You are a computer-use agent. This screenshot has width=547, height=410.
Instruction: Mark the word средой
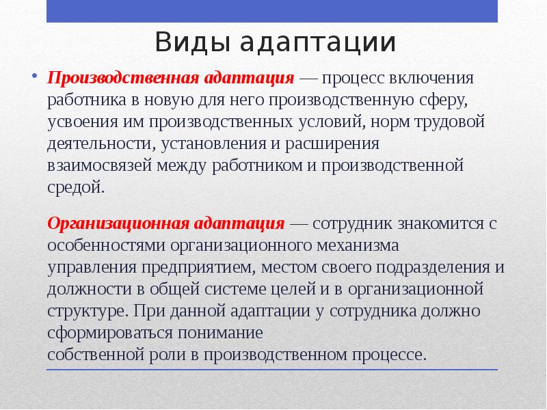pos(76,187)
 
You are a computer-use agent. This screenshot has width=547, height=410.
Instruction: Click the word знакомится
pos(441,223)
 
